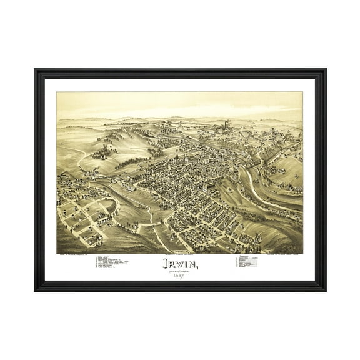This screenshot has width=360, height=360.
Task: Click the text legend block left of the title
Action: click(112, 262)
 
